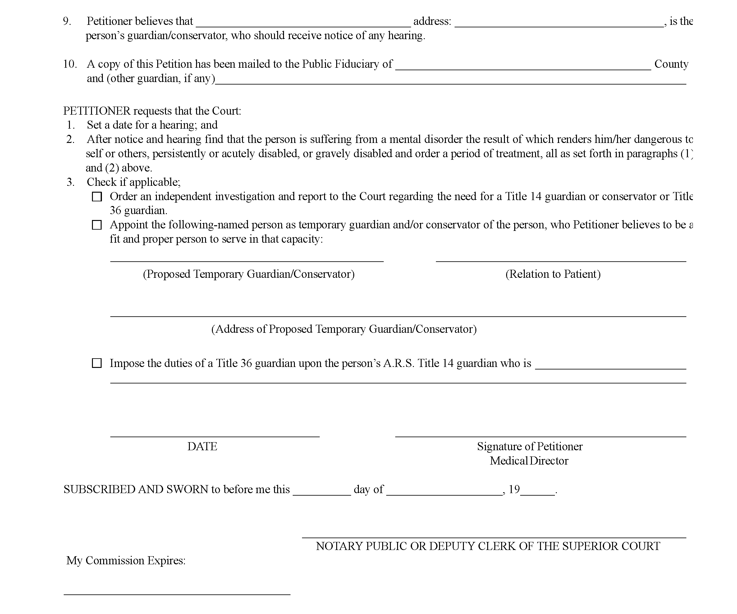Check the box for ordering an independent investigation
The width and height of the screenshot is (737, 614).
[97, 197]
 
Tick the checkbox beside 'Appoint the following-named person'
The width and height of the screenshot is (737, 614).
[97, 225]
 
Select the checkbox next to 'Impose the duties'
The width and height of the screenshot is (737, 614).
[97, 363]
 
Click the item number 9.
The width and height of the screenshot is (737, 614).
[67, 21]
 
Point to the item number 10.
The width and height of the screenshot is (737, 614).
[70, 64]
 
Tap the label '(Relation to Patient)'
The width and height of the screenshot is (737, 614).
[553, 274]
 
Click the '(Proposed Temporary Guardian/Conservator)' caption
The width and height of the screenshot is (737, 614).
[249, 274]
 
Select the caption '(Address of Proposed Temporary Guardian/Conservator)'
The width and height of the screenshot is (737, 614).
[344, 329]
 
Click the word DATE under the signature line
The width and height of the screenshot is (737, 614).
[202, 446]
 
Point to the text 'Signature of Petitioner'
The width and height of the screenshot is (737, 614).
[529, 446]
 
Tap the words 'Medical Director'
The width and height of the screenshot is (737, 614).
[529, 460]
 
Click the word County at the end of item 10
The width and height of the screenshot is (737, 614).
[671, 64]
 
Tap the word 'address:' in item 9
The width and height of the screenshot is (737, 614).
[432, 21]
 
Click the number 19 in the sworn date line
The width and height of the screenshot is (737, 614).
[514, 489]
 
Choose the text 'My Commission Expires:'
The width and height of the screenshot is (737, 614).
[126, 560]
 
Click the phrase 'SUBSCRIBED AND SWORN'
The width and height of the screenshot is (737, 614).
[136, 489]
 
